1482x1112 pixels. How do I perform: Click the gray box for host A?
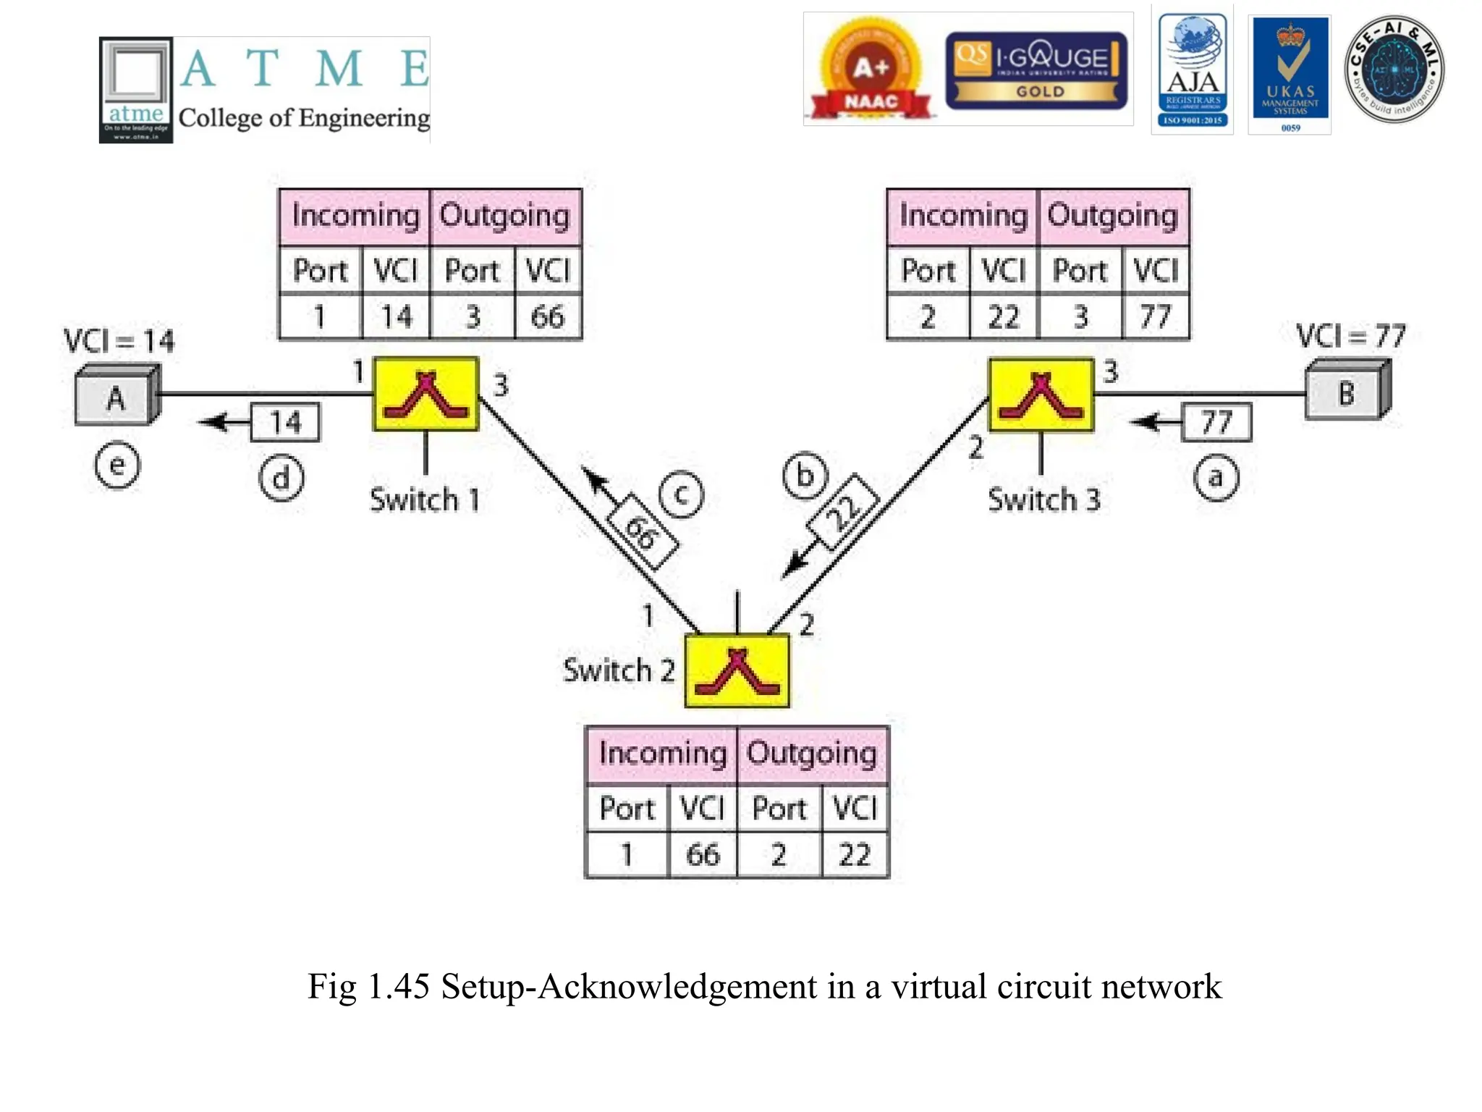pyautogui.click(x=116, y=397)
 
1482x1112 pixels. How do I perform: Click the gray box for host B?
pyautogui.click(x=1346, y=393)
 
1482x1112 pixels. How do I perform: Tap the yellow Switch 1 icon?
pyautogui.click(x=425, y=395)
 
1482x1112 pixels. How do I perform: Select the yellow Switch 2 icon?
pyautogui.click(x=737, y=670)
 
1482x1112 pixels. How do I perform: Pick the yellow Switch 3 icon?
pyautogui.click(x=1041, y=395)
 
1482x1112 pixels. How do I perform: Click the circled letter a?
pyautogui.click(x=1216, y=478)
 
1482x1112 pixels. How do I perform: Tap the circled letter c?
pyautogui.click(x=681, y=494)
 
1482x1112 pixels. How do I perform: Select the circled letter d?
pyautogui.click(x=281, y=479)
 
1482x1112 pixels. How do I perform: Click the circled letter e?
pyautogui.click(x=117, y=466)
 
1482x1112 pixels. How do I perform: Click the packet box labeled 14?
pyautogui.click(x=285, y=422)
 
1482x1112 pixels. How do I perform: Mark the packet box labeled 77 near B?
pyautogui.click(x=1216, y=422)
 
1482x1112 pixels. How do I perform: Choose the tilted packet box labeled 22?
pyautogui.click(x=843, y=511)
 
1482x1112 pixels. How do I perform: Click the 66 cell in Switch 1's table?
pyautogui.click(x=548, y=317)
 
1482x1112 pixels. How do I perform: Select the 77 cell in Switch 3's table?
pyautogui.click(x=1156, y=317)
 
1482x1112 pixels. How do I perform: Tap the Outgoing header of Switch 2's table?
pyautogui.click(x=812, y=754)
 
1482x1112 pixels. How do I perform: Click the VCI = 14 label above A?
pyautogui.click(x=119, y=340)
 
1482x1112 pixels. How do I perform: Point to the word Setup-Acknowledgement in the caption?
pyautogui.click(x=629, y=987)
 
